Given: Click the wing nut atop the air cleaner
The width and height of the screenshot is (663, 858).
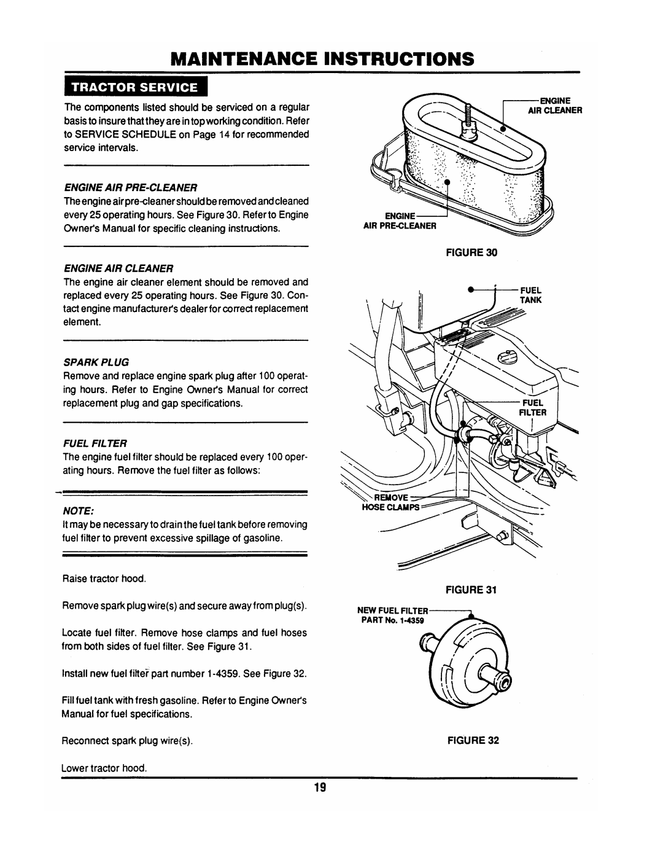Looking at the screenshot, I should coord(470,128).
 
